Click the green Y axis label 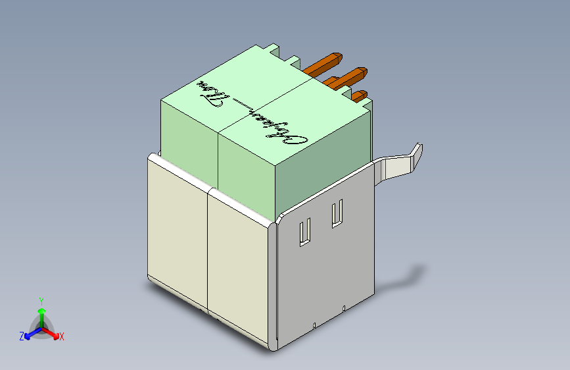coord(41,300)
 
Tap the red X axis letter coord(62,337)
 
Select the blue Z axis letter coord(22,336)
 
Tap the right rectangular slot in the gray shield coord(337,214)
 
